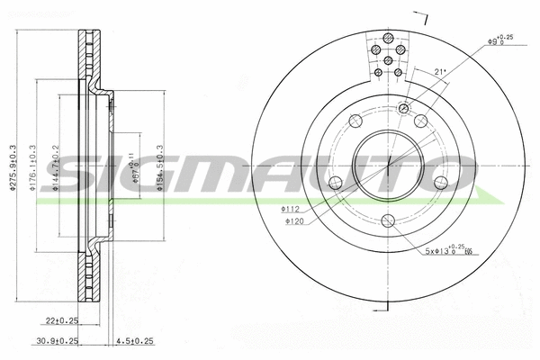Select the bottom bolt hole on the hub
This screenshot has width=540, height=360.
388,220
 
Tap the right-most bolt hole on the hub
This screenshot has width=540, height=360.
440,183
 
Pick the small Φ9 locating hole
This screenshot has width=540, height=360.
404,109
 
